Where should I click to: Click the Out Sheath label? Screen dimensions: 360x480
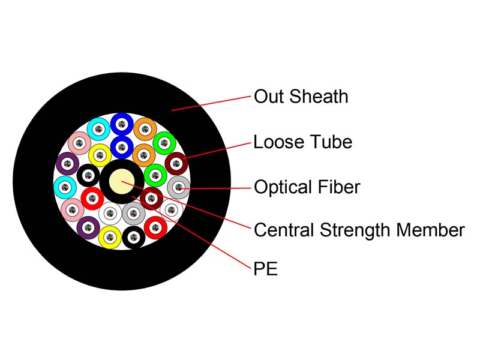pyautogui.click(x=301, y=97)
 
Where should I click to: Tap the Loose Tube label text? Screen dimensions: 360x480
pyautogui.click(x=302, y=142)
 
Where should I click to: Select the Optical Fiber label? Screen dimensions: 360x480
pyautogui.click(x=307, y=187)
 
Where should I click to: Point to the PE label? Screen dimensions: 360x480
pyautogui.click(x=266, y=268)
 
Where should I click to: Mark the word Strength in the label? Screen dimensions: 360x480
pyautogui.click(x=356, y=230)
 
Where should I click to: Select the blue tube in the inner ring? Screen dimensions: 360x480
pyautogui.click(x=122, y=145)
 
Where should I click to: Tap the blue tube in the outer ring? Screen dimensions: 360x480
pyautogui.click(x=121, y=124)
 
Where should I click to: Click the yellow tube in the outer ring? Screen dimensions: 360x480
pyautogui.click(x=110, y=237)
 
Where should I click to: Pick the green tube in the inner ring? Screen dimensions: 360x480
pyautogui.click(x=155, y=175)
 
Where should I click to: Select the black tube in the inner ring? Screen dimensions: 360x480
pyautogui.click(x=88, y=175)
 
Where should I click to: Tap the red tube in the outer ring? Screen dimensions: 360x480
pyautogui.click(x=155, y=227)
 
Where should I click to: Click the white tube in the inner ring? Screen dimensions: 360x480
pyautogui.click(x=110, y=212)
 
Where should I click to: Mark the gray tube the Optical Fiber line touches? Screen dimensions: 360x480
pyautogui.click(x=178, y=188)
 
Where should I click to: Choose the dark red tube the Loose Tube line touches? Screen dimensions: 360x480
pyautogui.click(x=176, y=163)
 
